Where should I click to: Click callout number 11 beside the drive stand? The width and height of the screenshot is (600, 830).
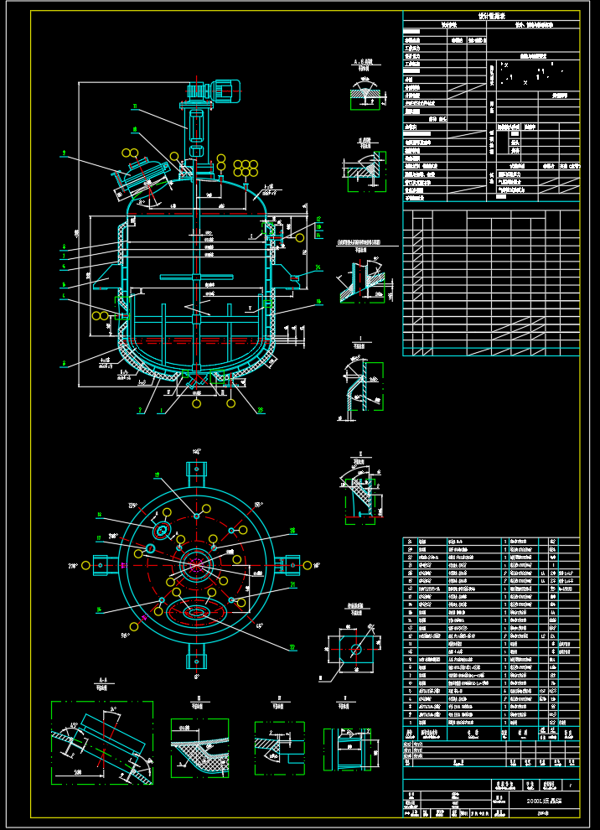134,106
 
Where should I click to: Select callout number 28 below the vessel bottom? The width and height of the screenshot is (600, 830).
261,410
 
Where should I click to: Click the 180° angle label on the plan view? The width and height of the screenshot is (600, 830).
198,451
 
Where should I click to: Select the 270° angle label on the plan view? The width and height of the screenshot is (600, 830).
72,566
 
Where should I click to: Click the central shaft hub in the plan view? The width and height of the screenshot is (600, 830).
197,563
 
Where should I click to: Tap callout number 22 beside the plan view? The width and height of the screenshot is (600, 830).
293,646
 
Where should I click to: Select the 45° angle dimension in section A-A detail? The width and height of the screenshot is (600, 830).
75,726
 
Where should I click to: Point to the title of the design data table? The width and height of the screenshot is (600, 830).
490,15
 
